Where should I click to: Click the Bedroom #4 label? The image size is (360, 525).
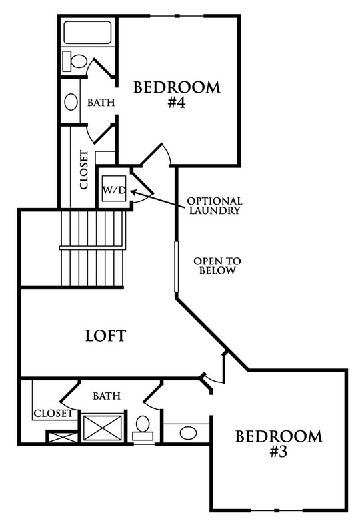[177, 95]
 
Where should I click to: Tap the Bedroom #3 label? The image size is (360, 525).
[279, 444]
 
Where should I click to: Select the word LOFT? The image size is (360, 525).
[105, 336]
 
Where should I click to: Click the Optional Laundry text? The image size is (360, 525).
[215, 206]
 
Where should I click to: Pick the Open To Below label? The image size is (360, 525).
[217, 266]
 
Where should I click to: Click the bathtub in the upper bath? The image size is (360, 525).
[87, 33]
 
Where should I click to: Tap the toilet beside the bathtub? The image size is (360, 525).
[75, 61]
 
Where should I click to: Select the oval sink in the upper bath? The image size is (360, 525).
[71, 102]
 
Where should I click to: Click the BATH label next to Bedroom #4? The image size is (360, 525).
[101, 102]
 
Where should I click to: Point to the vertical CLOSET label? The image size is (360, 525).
[84, 170]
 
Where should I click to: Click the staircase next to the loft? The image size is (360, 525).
[93, 249]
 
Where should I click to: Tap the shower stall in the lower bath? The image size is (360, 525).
[103, 428]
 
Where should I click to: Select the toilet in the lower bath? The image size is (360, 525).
[143, 428]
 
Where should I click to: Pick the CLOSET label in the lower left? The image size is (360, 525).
[53, 414]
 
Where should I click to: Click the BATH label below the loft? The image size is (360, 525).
[107, 396]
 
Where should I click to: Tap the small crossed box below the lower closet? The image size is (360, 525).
[62, 438]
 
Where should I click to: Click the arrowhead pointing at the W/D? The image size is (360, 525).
[133, 192]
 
